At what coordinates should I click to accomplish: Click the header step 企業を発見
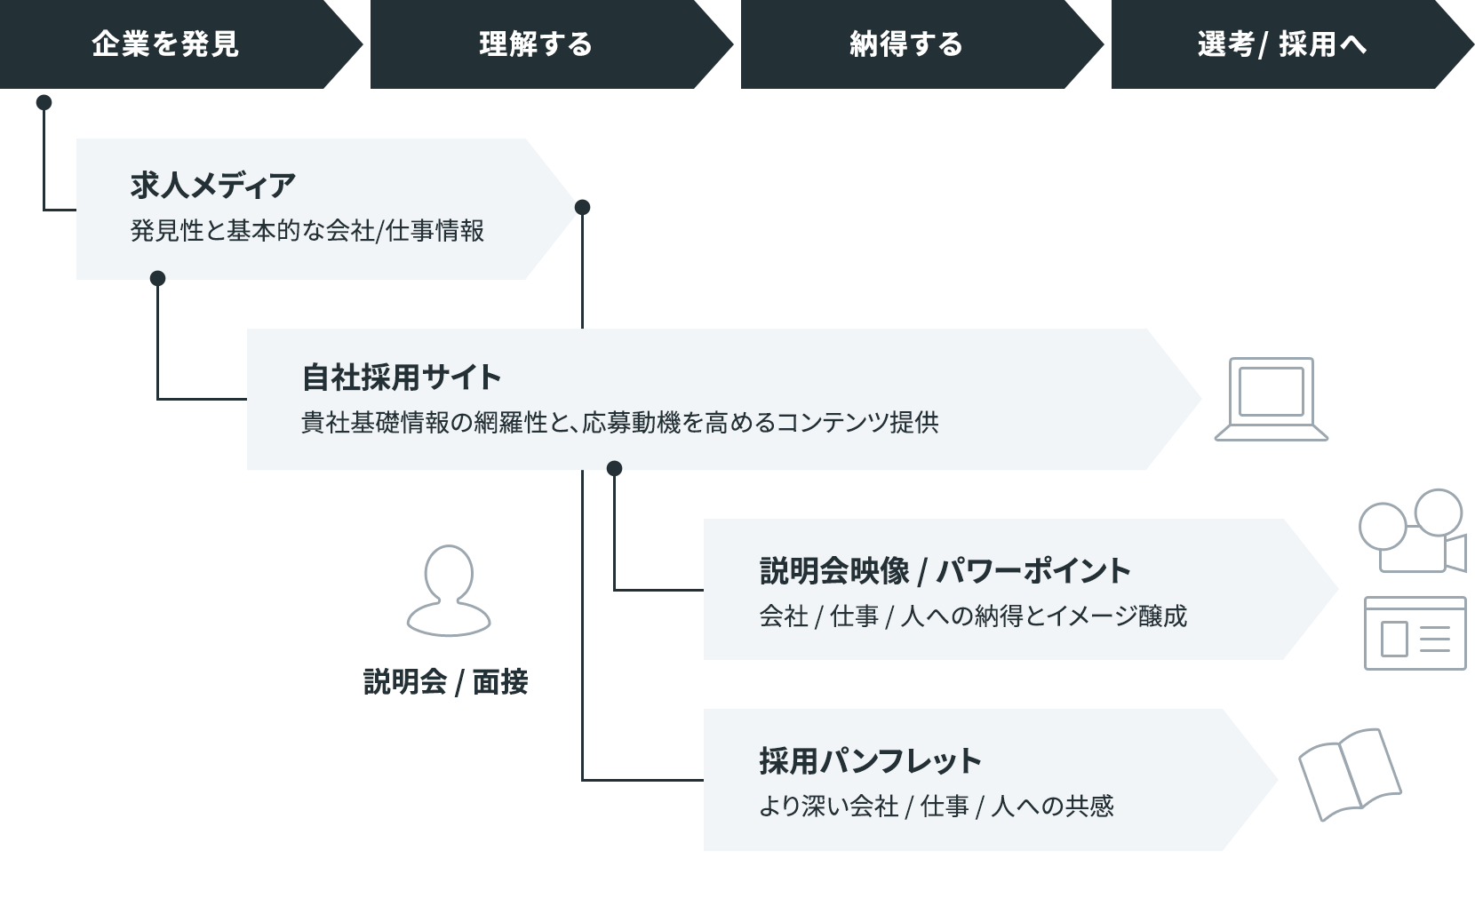point(165,44)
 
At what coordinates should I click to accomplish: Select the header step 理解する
point(536,44)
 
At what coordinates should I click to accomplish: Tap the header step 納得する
point(906,44)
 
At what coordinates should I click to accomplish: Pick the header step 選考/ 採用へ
point(1281,44)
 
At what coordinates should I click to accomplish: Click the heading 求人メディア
point(213,185)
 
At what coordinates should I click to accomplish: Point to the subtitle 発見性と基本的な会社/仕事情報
point(307,231)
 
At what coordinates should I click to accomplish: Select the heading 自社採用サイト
point(402,377)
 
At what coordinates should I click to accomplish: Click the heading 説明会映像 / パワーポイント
point(945,570)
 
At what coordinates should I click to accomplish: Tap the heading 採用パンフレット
point(870,761)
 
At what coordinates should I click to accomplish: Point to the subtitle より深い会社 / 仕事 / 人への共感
point(936,806)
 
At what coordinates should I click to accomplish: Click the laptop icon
point(1271,399)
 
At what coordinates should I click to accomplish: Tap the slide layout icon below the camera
point(1415,633)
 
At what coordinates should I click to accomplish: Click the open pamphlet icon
point(1349,775)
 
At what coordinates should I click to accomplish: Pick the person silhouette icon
point(449,590)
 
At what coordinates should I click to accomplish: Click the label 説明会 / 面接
point(446,682)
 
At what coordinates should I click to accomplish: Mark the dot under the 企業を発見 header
point(44,102)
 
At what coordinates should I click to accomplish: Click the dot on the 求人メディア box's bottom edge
point(158,278)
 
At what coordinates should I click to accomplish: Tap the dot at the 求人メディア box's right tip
point(582,207)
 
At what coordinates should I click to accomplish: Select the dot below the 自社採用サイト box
point(614,468)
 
